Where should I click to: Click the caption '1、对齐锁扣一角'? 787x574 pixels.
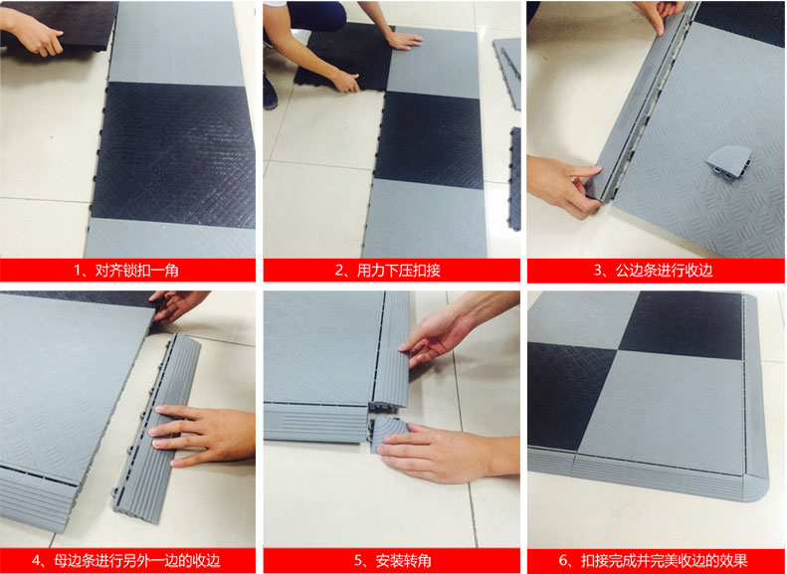[126, 271]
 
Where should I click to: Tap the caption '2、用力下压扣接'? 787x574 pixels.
[387, 271]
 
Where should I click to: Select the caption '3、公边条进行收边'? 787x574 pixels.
[653, 271]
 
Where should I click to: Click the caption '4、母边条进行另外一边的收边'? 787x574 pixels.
[126, 560]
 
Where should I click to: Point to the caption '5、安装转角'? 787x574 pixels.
[392, 560]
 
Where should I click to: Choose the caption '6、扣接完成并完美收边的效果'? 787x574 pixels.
[653, 560]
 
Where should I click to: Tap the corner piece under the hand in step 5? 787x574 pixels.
[389, 434]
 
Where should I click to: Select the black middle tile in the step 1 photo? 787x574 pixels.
[173, 154]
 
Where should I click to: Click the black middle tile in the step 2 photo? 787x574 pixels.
[429, 140]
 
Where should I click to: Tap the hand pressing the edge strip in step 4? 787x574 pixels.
[201, 436]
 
